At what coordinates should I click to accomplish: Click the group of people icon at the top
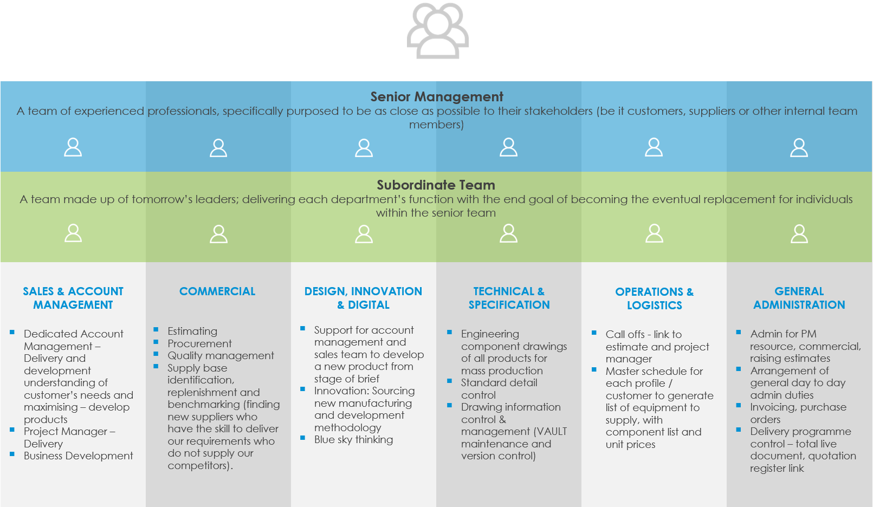point(438,30)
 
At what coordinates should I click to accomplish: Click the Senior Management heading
point(437,97)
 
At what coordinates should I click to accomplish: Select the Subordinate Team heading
point(436,185)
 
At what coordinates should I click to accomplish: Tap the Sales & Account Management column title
point(73,298)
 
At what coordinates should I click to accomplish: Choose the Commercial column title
point(217,291)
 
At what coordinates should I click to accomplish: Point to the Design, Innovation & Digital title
point(363,298)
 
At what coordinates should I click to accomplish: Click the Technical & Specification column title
point(509,298)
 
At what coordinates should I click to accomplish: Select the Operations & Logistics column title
point(654,298)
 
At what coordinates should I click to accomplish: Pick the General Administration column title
point(799,298)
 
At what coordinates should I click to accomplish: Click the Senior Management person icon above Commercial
point(218,147)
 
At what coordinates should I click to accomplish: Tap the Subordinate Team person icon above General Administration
point(799,233)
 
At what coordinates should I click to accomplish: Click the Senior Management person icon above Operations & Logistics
point(654,147)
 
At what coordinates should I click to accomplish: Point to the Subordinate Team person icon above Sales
point(73,233)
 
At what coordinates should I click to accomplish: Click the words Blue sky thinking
point(353,440)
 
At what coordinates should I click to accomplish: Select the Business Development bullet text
point(78,456)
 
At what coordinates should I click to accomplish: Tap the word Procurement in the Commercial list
point(199,343)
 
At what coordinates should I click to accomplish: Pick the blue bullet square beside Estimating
point(156,329)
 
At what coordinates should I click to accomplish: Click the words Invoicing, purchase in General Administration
point(798,407)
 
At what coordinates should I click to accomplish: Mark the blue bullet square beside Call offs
point(594,333)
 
